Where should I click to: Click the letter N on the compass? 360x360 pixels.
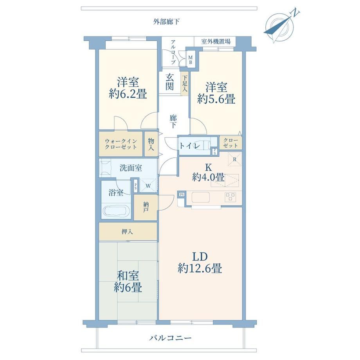tap(295, 13)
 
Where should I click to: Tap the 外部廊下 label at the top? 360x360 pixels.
tap(166, 22)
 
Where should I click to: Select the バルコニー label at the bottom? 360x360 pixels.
tap(170, 338)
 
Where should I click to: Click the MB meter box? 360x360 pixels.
tap(191, 59)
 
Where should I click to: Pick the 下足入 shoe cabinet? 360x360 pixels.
tap(185, 83)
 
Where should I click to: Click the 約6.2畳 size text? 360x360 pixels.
tap(128, 94)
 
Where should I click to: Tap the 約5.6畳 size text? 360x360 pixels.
tap(216, 99)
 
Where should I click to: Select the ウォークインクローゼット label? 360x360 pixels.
tap(121, 144)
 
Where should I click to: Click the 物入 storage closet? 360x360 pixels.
tap(151, 144)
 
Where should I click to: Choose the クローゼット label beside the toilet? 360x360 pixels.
tap(230, 143)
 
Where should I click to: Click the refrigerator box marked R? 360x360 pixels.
tap(235, 159)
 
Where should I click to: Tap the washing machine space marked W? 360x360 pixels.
tap(148, 185)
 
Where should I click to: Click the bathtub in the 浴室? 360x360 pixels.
tap(116, 211)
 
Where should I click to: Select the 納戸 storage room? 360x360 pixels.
tap(146, 207)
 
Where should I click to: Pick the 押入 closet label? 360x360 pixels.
tap(127, 232)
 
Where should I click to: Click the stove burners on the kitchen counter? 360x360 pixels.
tap(230, 197)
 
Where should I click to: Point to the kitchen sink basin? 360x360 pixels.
tap(200, 197)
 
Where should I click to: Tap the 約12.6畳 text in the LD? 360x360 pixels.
tap(200, 268)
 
